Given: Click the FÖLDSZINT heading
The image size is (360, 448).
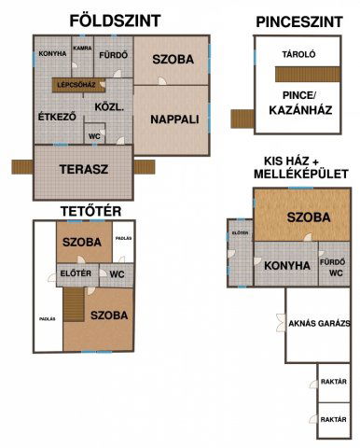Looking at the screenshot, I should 116,21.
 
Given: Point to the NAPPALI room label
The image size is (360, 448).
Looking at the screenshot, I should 174,119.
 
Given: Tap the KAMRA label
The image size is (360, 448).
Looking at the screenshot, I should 82,48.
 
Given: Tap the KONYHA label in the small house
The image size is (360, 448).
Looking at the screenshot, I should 287,265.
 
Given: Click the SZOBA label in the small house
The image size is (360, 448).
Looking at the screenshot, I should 308,217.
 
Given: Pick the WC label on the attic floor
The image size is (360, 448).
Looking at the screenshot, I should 118,274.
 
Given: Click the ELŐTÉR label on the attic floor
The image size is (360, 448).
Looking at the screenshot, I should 75,273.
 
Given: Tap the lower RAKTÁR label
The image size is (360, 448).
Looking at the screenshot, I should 333,420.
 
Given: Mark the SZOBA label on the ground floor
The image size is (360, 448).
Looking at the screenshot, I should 173,60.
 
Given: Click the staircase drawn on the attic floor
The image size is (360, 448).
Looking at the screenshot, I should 73,305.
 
